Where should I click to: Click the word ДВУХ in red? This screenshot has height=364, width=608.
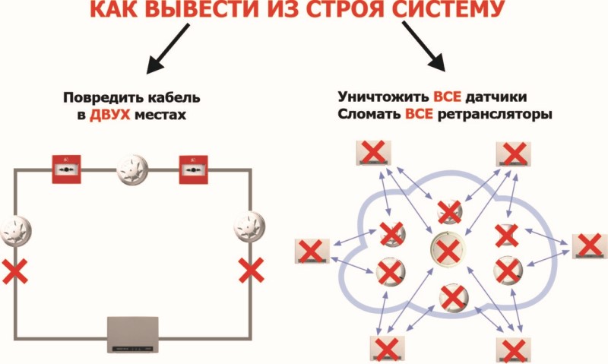(109, 115)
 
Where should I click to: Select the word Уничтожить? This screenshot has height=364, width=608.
(383, 97)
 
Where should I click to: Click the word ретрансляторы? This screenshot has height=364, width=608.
(495, 115)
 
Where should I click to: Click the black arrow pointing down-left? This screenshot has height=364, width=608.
(168, 49)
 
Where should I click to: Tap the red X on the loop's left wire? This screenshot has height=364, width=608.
(14, 271)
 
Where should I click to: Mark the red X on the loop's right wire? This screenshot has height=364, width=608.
(252, 271)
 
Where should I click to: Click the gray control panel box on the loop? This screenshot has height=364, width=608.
(133, 334)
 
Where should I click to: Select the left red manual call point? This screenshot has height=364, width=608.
(67, 169)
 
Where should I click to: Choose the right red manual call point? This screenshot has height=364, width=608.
(193, 169)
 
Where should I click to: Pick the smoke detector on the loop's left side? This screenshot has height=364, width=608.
(15, 230)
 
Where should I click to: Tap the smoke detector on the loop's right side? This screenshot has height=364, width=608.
(250, 226)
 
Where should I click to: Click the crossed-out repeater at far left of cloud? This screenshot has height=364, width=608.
(312, 252)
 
